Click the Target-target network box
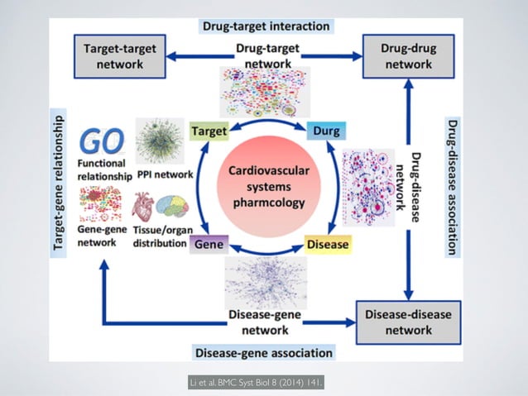point(124,56)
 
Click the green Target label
point(209,131)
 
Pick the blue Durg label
point(325,131)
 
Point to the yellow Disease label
point(328,245)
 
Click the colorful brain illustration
point(172,207)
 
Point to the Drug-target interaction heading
point(266,26)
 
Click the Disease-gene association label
point(264,353)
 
